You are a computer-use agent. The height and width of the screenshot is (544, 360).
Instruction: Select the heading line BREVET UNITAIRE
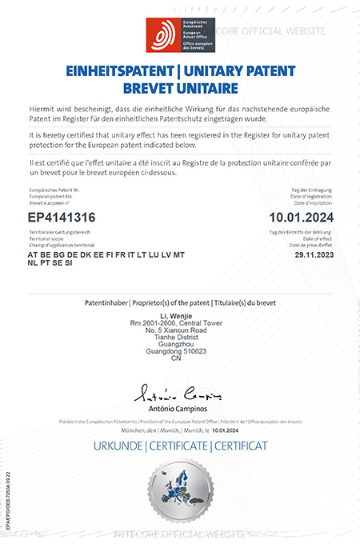coord(180,86)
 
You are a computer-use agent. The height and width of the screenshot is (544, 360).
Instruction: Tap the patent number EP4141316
coord(62,218)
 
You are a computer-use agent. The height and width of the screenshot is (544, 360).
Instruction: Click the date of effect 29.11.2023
coord(309,254)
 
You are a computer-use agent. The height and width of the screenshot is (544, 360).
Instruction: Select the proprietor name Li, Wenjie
coord(181,316)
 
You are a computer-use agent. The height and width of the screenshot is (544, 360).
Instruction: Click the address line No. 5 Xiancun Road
coord(180,330)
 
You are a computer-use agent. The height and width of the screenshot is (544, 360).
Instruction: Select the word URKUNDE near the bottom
coord(118,445)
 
